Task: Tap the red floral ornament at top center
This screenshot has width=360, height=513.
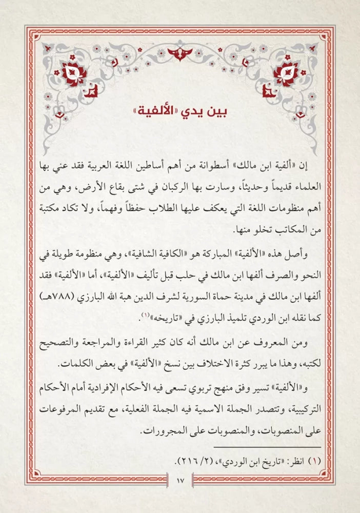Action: [180, 53]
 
